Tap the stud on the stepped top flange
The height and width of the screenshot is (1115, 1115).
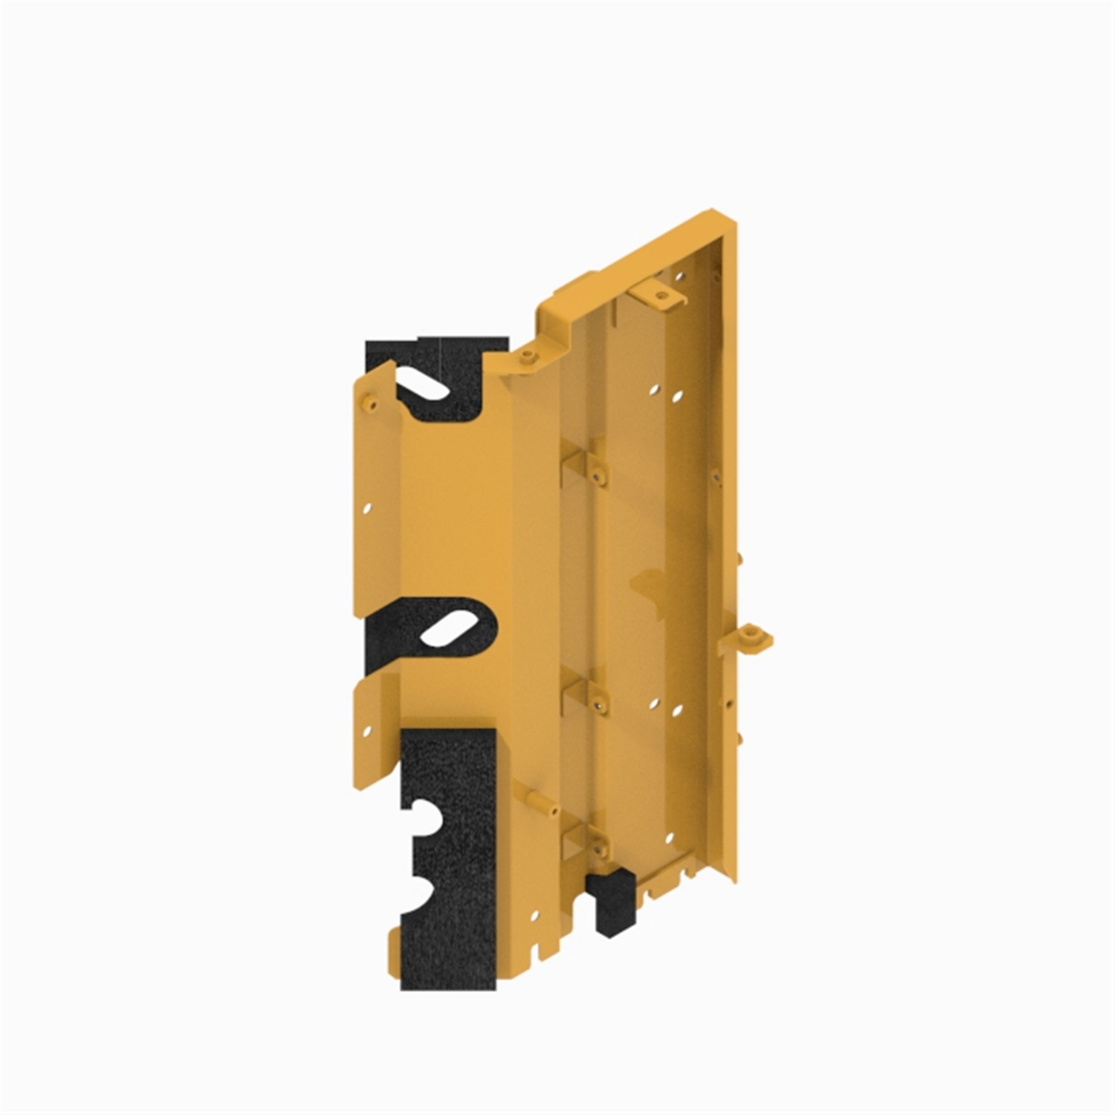pos(525,358)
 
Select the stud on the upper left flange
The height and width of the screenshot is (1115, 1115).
pos(367,402)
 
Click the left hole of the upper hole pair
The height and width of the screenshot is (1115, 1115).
pos(654,391)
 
